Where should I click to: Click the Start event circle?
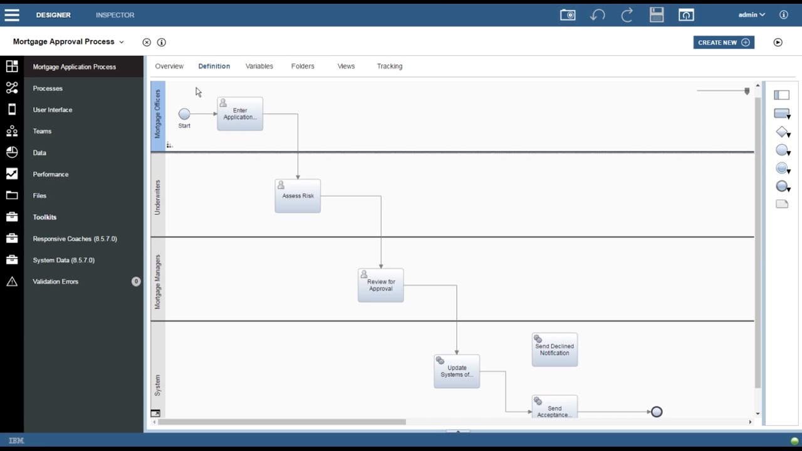pyautogui.click(x=184, y=114)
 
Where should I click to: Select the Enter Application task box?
pyautogui.click(x=240, y=114)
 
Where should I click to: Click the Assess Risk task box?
pyautogui.click(x=298, y=196)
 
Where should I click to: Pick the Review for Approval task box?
pyautogui.click(x=380, y=285)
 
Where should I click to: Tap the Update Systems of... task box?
pyautogui.click(x=457, y=371)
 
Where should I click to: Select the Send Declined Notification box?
pyautogui.click(x=555, y=350)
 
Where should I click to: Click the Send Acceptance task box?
pyautogui.click(x=555, y=407)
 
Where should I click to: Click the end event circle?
pyautogui.click(x=657, y=412)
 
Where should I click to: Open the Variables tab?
pyautogui.click(x=259, y=66)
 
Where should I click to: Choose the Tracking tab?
pyautogui.click(x=390, y=66)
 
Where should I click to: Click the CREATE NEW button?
pyautogui.click(x=724, y=42)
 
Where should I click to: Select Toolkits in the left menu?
pyautogui.click(x=44, y=217)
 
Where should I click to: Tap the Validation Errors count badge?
pyautogui.click(x=136, y=281)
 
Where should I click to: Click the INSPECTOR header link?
pyautogui.click(x=115, y=15)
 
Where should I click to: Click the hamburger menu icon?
pyautogui.click(x=12, y=14)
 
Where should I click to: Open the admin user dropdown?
pyautogui.click(x=751, y=14)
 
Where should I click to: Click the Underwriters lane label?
pyautogui.click(x=157, y=197)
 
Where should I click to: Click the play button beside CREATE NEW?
pyautogui.click(x=778, y=42)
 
